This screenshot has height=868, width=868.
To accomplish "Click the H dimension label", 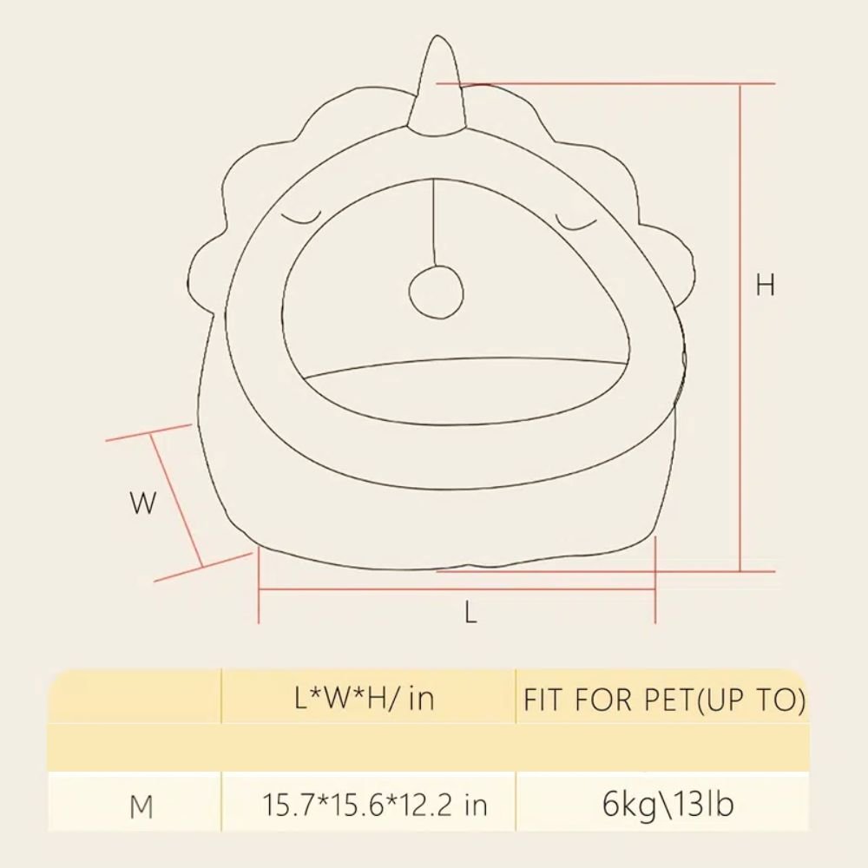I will (765, 285).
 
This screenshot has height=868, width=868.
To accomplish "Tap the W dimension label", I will (143, 503).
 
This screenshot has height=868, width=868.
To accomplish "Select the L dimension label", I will (470, 614).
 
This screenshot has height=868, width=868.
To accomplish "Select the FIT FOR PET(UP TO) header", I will (665, 700).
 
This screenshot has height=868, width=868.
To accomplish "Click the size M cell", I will (141, 806).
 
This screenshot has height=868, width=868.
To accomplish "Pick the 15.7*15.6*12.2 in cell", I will (375, 806).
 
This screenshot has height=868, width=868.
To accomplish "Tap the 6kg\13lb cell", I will (667, 805).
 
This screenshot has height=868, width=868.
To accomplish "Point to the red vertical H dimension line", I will (740, 330).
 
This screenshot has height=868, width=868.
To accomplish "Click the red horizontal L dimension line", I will (456, 590).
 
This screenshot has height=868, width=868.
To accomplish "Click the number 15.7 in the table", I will (281, 806).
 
